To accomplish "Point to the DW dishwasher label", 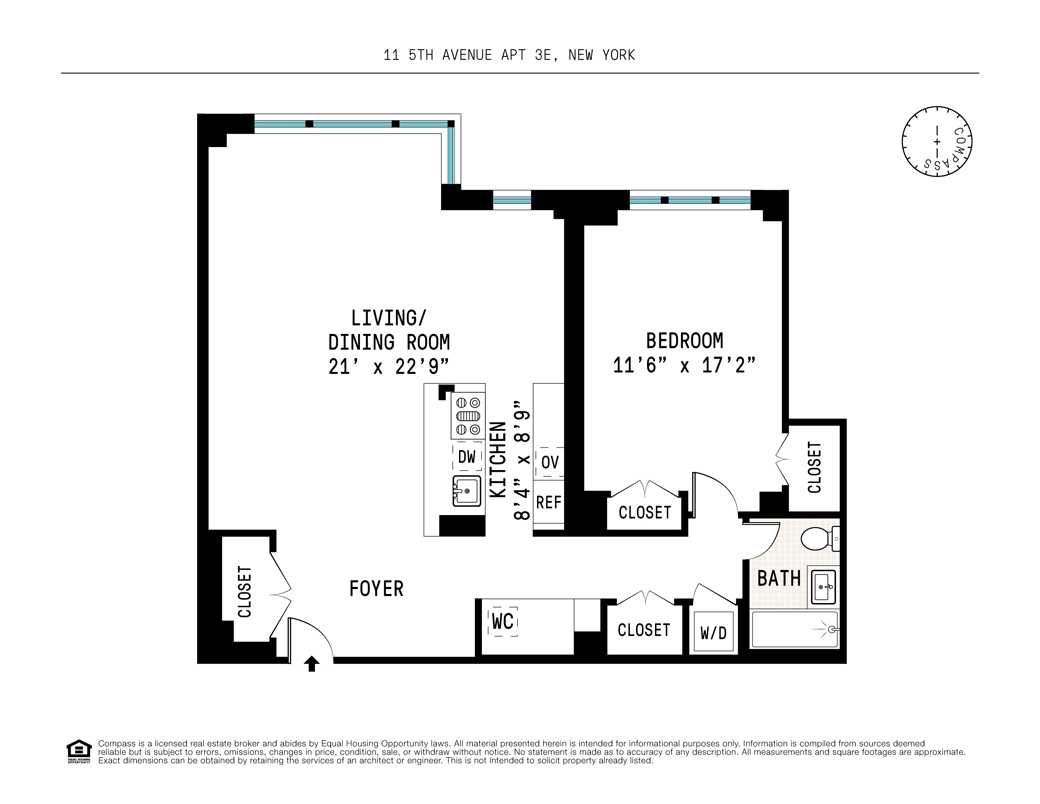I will click(467, 457).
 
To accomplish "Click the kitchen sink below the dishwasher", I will click(467, 491).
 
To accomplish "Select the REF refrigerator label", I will click(548, 502).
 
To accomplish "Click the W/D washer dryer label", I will click(713, 633).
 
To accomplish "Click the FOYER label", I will click(376, 589).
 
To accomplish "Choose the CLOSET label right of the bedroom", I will click(814, 467).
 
